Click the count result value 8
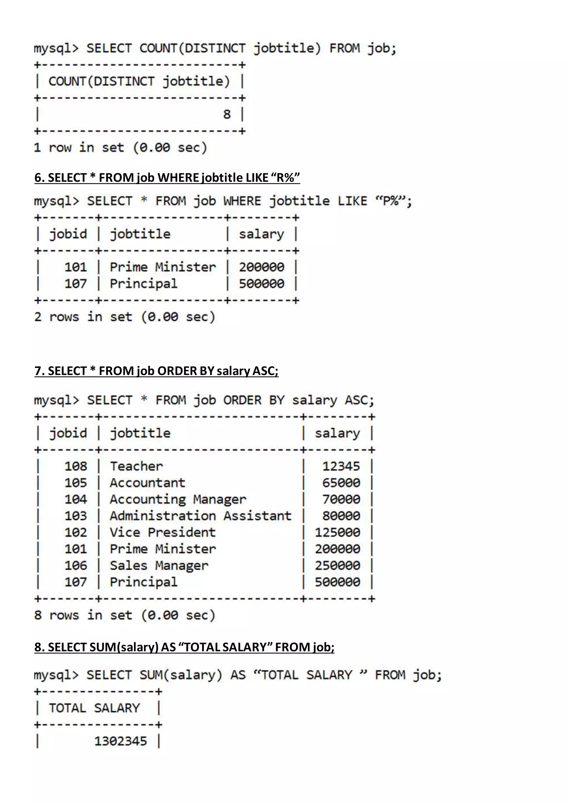pyautogui.click(x=227, y=114)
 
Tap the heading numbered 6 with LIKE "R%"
pyautogui.click(x=167, y=178)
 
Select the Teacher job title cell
pyautogui.click(x=136, y=466)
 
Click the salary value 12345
pyautogui.click(x=341, y=466)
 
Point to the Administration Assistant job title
pyautogui.click(x=201, y=516)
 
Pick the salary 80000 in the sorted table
pyautogui.click(x=341, y=516)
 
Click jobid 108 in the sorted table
pyautogui.click(x=75, y=466)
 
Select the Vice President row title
pyautogui.click(x=163, y=532)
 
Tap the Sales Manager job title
pyautogui.click(x=159, y=566)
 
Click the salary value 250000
pyautogui.click(x=338, y=566)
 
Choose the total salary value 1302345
pyautogui.click(x=121, y=741)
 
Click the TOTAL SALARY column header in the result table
pyautogui.click(x=94, y=708)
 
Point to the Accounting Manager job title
pyautogui.click(x=178, y=499)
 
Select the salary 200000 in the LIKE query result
pyautogui.click(x=262, y=267)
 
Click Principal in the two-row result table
pyautogui.click(x=143, y=284)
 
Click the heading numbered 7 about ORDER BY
pyautogui.click(x=156, y=371)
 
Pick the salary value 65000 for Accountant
pyautogui.click(x=341, y=483)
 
